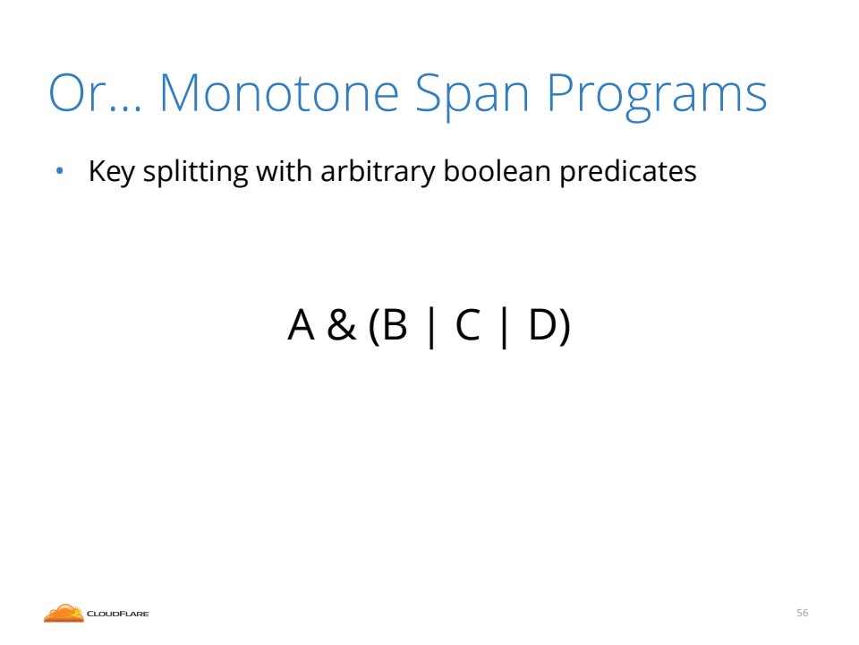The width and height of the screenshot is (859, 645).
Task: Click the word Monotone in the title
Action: click(x=279, y=92)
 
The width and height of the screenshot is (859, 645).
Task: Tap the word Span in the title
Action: click(x=472, y=96)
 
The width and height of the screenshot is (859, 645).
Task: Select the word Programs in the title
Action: click(x=657, y=96)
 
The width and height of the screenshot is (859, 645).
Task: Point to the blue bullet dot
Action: click(x=60, y=171)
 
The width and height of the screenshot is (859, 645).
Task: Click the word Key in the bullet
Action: click(x=111, y=172)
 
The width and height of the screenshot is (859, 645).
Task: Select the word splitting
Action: click(x=196, y=172)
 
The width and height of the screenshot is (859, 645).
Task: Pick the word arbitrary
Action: click(x=378, y=172)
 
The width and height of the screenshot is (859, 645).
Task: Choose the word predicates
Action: click(x=628, y=172)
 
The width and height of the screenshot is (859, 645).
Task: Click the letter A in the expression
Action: click(x=301, y=324)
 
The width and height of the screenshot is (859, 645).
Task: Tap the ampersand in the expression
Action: click(x=341, y=324)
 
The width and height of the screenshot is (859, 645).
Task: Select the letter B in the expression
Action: click(x=395, y=324)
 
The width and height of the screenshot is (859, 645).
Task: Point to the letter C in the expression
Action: click(x=467, y=324)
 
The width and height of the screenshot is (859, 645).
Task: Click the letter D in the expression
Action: click(x=542, y=324)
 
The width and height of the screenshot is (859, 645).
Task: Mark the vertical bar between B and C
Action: click(x=431, y=328)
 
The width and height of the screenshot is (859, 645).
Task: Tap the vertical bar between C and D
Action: click(x=504, y=328)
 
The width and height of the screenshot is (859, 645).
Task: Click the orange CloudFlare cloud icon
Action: click(x=64, y=613)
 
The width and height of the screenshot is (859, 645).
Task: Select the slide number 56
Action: click(x=802, y=613)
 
